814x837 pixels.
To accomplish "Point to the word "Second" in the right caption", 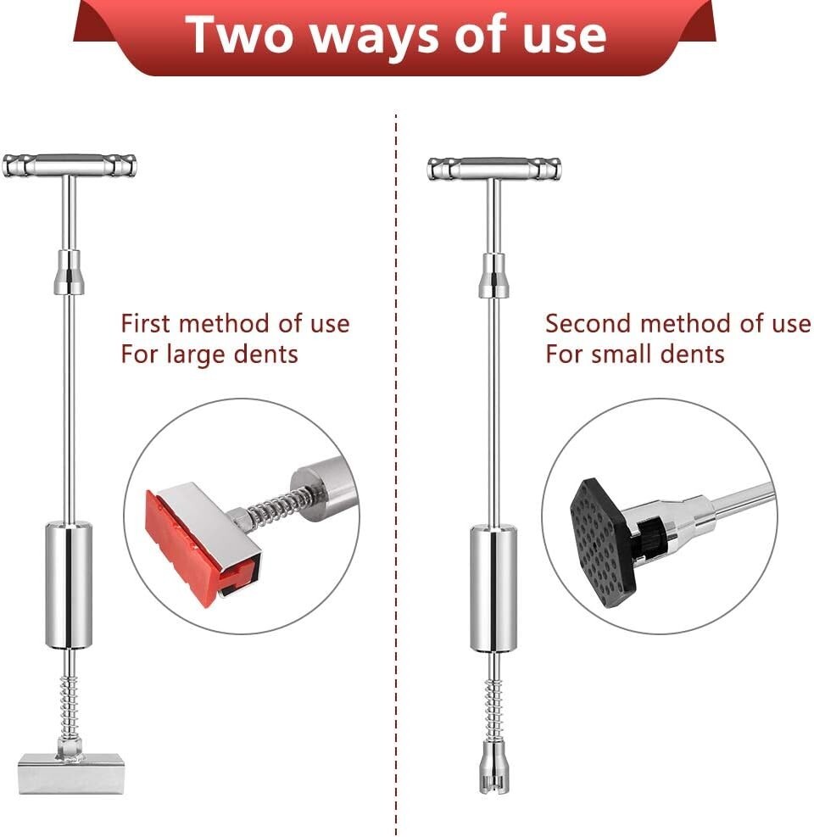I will point(588,324).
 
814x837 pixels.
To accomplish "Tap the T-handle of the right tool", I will point(493,167).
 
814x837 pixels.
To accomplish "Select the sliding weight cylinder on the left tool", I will point(70,585).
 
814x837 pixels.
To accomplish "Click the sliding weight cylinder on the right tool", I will point(493,588).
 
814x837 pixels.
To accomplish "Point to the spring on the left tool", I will point(70,700).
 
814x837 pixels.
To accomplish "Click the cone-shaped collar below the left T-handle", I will point(70,272).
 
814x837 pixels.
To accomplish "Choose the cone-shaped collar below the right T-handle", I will point(493,275).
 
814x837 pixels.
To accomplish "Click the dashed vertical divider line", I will point(396,475).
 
